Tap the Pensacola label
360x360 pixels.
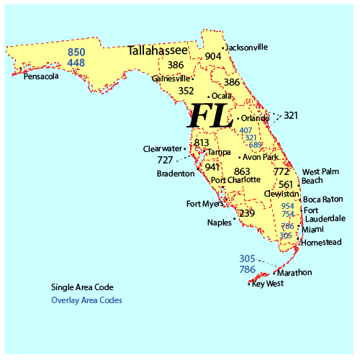tap(41, 76)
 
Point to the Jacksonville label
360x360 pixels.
tap(247, 48)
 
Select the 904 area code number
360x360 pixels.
tap(213, 56)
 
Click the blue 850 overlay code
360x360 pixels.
tap(76, 52)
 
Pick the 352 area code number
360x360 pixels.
tap(186, 91)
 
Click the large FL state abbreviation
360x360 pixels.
tap(210, 115)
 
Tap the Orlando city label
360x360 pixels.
tap(255, 118)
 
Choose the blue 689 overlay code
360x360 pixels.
tap(255, 145)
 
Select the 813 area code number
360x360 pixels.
tap(202, 143)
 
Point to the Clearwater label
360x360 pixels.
tap(162, 149)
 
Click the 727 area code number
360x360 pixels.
tap(165, 160)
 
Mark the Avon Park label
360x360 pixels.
tap(261, 156)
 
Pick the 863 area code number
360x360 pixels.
tap(243, 171)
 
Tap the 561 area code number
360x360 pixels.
tap(286, 184)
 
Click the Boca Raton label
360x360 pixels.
tap(323, 199)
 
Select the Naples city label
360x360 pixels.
tap(219, 222)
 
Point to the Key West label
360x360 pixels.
tap(268, 283)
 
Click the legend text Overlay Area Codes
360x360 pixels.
tap(86, 300)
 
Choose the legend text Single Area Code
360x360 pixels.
tap(82, 287)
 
